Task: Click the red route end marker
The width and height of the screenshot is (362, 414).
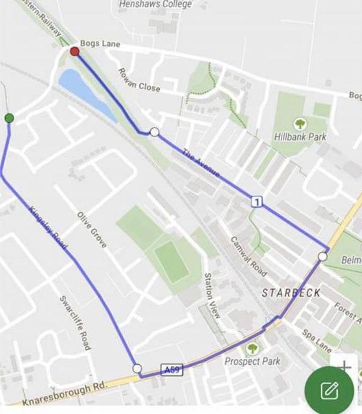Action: tap(75, 51)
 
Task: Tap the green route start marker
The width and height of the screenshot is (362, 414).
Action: tap(9, 119)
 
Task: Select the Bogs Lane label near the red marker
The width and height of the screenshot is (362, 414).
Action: tap(100, 44)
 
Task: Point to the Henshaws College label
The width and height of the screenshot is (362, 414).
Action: tap(155, 5)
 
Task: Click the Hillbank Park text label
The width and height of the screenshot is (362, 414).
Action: tap(300, 137)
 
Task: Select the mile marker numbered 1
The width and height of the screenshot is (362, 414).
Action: tap(257, 202)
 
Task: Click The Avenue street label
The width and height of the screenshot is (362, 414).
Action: tap(201, 163)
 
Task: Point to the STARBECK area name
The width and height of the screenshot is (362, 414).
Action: tap(291, 293)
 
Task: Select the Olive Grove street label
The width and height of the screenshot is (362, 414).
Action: tap(92, 230)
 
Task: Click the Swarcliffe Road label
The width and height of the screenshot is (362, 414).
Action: tap(76, 323)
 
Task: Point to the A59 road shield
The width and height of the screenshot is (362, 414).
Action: tap(172, 369)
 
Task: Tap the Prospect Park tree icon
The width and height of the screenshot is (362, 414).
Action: tap(252, 349)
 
